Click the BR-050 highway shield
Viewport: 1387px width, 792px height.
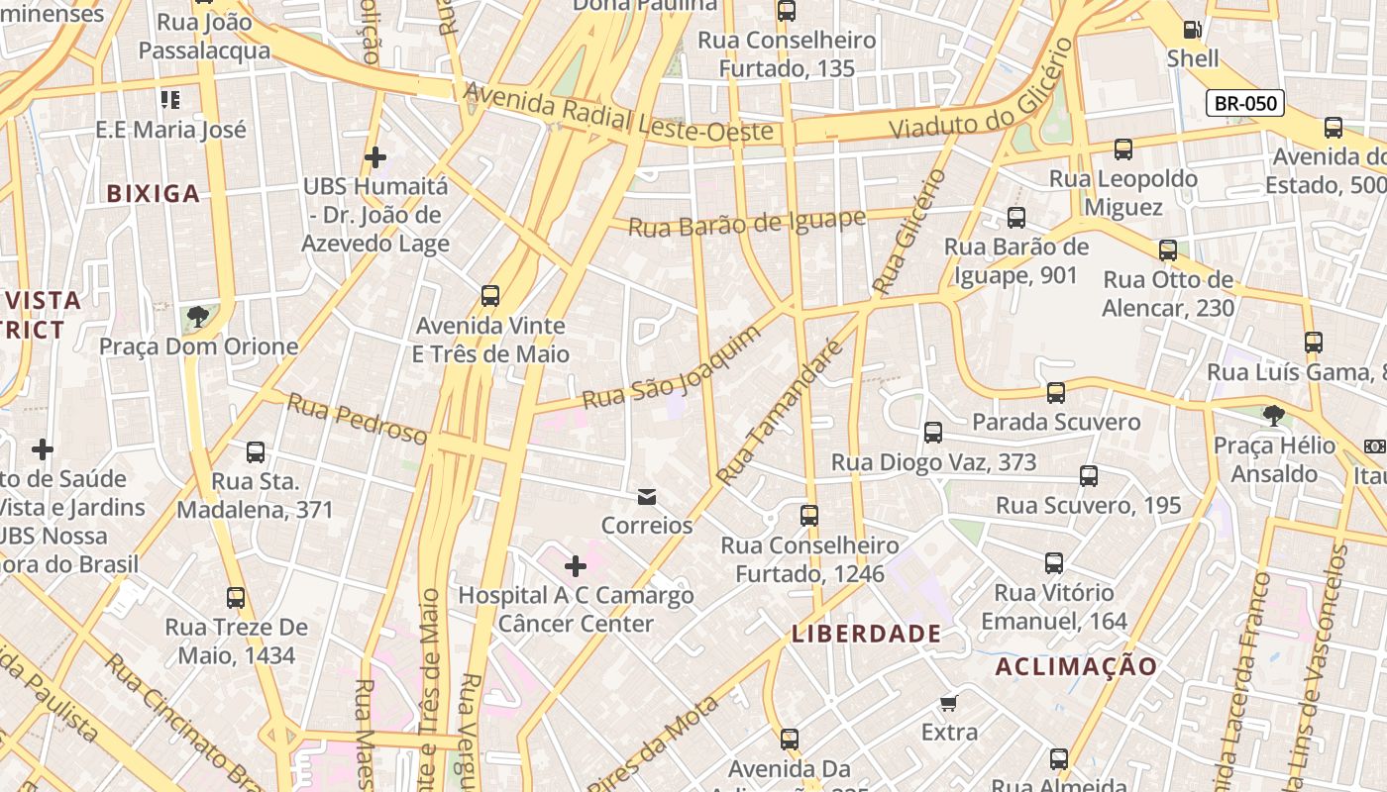[1245, 103]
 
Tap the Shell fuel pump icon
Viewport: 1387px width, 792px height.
[1193, 30]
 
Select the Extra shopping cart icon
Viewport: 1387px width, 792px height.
[949, 704]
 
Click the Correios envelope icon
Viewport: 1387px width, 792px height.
[647, 497]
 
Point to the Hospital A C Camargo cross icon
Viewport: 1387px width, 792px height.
[576, 566]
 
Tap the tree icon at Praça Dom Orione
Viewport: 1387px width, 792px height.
[198, 317]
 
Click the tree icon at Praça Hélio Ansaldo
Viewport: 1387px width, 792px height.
[1274, 416]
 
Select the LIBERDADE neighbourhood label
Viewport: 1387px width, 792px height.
[867, 634]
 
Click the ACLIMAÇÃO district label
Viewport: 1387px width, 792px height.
[1076, 666]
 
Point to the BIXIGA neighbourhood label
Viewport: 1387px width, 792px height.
[154, 193]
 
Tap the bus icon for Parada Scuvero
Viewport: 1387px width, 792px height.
[1056, 393]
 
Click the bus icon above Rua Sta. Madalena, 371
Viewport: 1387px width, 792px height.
[256, 452]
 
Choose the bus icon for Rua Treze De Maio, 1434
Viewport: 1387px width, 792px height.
[236, 598]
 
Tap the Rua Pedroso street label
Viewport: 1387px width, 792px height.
[358, 419]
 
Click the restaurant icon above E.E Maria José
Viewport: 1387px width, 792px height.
[170, 100]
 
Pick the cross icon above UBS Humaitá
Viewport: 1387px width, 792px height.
[375, 157]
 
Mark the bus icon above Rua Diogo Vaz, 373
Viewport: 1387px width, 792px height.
[933, 433]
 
